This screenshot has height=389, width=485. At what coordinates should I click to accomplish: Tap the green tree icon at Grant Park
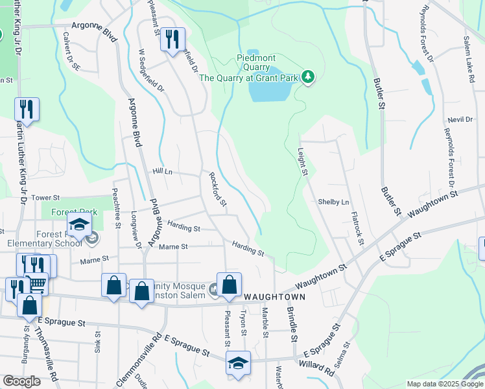click(x=309, y=78)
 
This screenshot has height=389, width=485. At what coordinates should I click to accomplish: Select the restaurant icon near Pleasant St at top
click(x=172, y=38)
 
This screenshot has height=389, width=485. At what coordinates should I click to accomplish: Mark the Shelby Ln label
click(x=333, y=202)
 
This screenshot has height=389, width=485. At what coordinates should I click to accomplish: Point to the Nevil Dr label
click(x=460, y=120)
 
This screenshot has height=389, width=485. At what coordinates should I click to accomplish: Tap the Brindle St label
click(x=292, y=324)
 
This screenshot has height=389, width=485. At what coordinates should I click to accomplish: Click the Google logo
click(x=21, y=381)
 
